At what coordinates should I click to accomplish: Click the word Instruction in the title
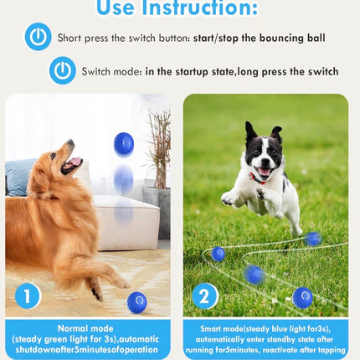coord(204,9)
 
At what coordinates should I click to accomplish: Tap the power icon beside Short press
coord(38,38)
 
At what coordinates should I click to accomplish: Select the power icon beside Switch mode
coord(62,71)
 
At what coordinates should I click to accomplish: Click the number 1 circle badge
coord(27,296)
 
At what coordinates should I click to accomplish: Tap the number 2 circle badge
coord(204,296)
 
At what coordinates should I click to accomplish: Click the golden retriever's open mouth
coord(75,164)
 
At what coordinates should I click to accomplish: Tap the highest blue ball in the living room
coord(124,143)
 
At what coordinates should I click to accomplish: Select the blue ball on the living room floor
coord(136,301)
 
